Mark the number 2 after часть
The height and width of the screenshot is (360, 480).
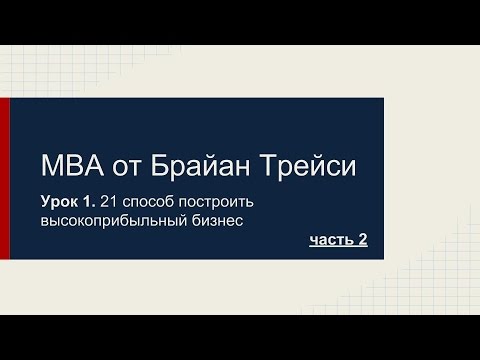point(363,240)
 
